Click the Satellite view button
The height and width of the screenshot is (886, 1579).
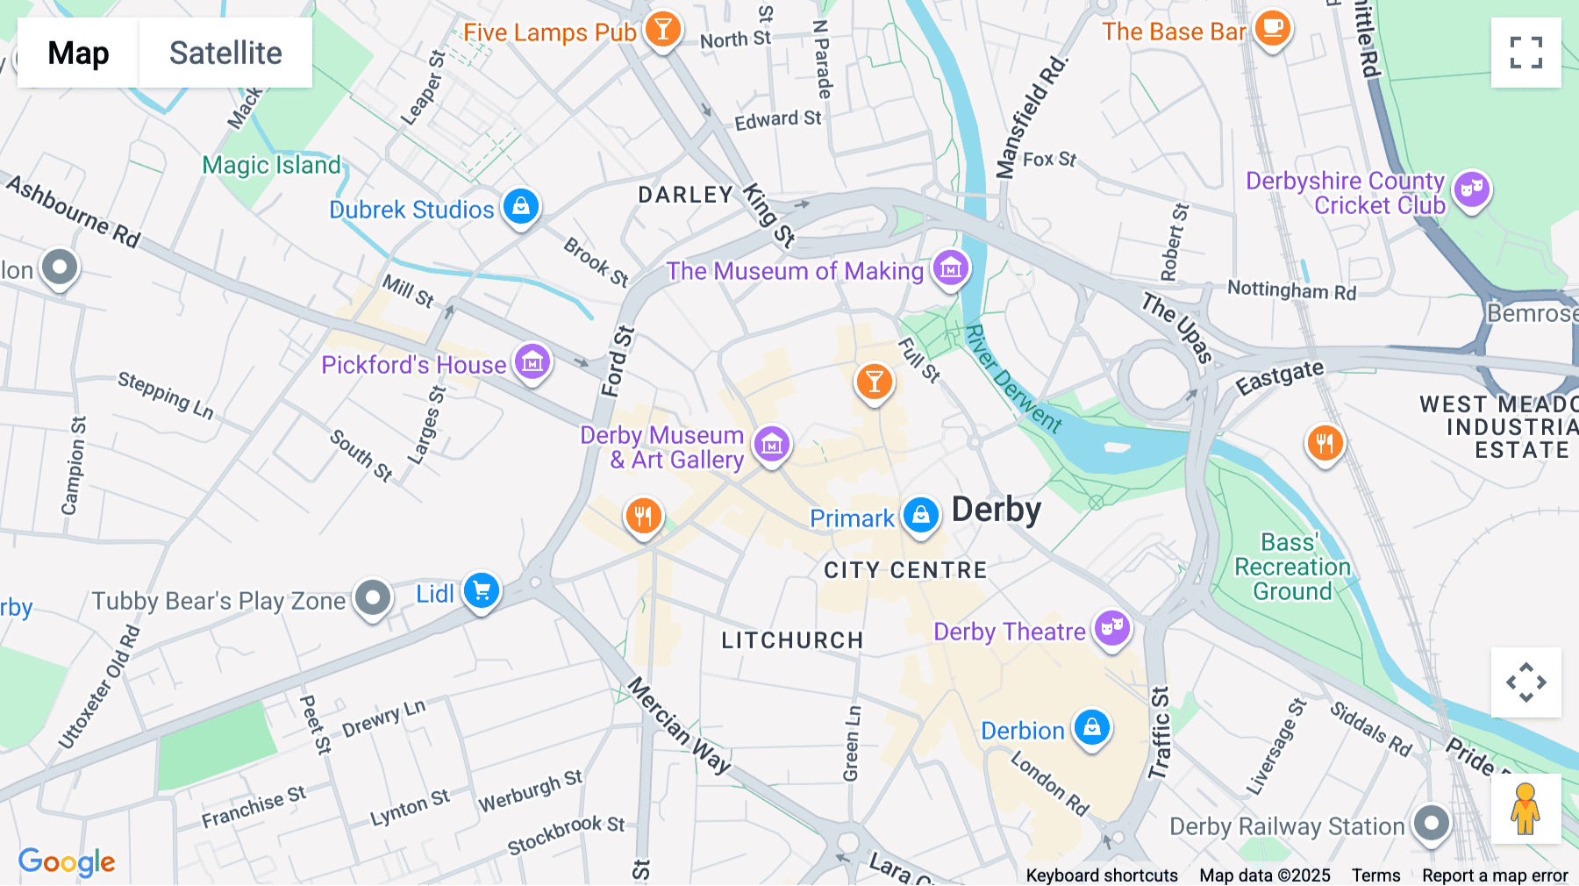pos(225,53)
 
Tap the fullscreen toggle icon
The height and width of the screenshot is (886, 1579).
pos(1525,53)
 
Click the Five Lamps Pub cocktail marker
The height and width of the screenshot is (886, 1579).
pos(662,30)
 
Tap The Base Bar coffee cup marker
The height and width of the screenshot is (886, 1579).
pos(1272,29)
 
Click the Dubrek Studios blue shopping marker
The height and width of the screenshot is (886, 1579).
pos(521,207)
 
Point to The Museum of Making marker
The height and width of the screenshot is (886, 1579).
pos(950,268)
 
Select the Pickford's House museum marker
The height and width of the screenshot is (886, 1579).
pos(532,361)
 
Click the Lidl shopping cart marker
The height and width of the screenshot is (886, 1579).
pos(482,591)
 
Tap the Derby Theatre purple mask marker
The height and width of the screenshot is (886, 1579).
pos(1112,628)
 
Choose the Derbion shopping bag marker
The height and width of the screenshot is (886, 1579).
pos(1092,727)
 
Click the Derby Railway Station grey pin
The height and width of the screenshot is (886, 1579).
pos(1432,823)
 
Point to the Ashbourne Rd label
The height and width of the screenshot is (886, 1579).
pos(74,211)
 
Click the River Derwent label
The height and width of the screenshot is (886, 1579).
pos(1013,378)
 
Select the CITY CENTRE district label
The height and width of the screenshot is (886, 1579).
pos(905,570)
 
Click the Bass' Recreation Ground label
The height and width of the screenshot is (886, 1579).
pos(1292,567)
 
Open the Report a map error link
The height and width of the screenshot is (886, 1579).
pos(1495,875)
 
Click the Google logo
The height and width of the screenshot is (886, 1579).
pos(67,861)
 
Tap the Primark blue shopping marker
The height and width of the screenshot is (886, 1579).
pos(921,515)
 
